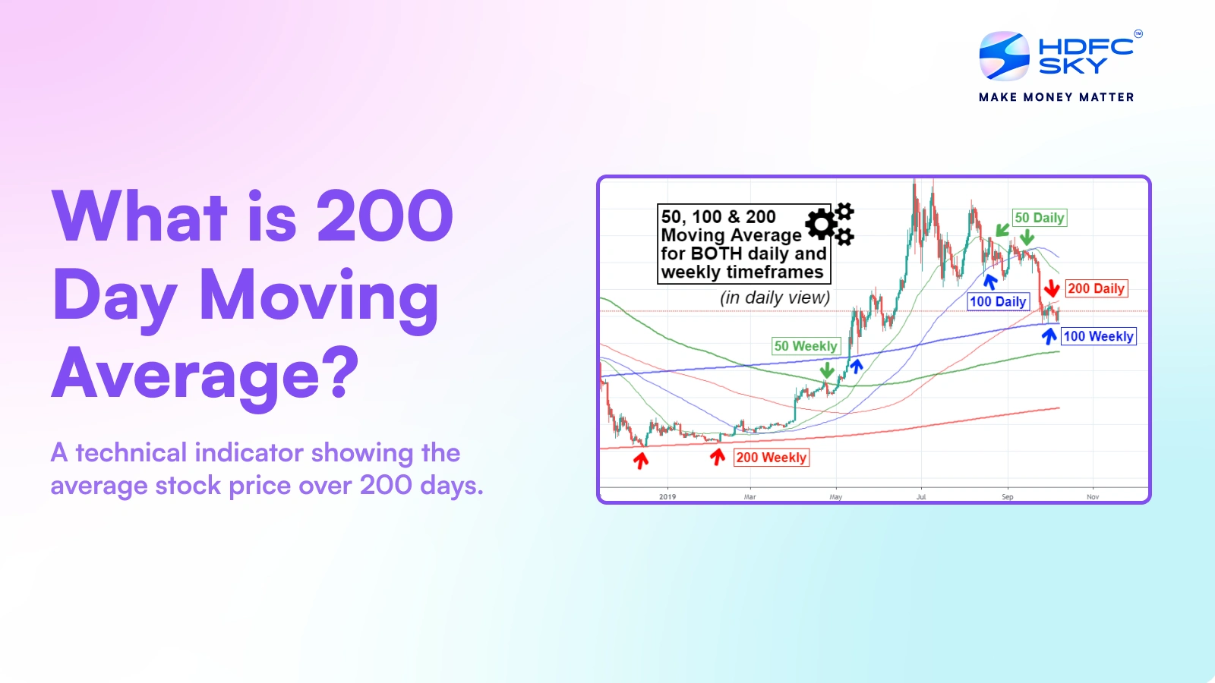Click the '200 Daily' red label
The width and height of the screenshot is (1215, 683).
coord(1096,288)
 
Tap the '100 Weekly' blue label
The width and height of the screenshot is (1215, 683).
coord(1098,336)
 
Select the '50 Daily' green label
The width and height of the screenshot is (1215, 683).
coord(1040,218)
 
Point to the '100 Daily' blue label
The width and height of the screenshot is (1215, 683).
coord(998,301)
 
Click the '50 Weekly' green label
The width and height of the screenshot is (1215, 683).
coord(805,346)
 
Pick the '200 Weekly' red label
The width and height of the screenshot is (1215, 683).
coord(771,458)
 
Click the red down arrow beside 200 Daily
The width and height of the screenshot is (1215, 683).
coord(1052,288)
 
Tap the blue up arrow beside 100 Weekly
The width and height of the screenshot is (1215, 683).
coord(1049,335)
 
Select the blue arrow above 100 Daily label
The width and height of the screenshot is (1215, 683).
coord(989,282)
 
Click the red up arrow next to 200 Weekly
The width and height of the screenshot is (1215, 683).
coord(718,457)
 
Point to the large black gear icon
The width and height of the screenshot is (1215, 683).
coord(822,224)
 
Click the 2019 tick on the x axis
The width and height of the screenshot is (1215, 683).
coord(667,497)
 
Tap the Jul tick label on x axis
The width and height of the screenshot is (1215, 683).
coord(921,497)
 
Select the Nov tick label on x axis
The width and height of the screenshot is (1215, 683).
coord(1093,497)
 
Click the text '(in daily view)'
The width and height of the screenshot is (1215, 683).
coord(775,297)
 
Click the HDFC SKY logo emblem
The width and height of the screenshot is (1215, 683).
coord(1004,56)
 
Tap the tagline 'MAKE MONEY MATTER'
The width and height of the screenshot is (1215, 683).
coord(1056,97)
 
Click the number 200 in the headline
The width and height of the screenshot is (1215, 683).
coord(384,217)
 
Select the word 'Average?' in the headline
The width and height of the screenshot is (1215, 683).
coord(205,373)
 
